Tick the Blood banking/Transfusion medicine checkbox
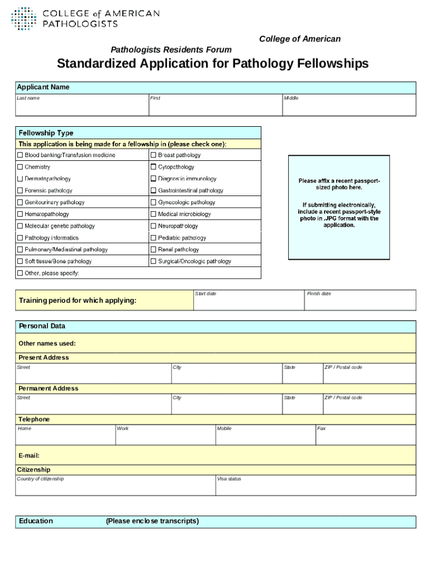click(20, 155)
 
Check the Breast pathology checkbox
click(154, 155)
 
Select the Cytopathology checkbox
click(154, 167)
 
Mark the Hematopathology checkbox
click(20, 214)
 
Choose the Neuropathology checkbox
click(154, 226)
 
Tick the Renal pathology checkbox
click(154, 250)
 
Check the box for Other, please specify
click(20, 273)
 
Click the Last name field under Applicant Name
click(82, 107)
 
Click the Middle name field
click(349, 107)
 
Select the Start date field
click(249, 302)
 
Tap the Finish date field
click(360, 302)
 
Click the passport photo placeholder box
click(338, 207)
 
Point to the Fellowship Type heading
click(46, 133)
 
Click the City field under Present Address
click(227, 375)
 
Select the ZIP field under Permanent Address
click(369, 406)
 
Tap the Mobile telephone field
click(265, 437)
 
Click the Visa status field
click(316, 487)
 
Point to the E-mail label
click(29, 455)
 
